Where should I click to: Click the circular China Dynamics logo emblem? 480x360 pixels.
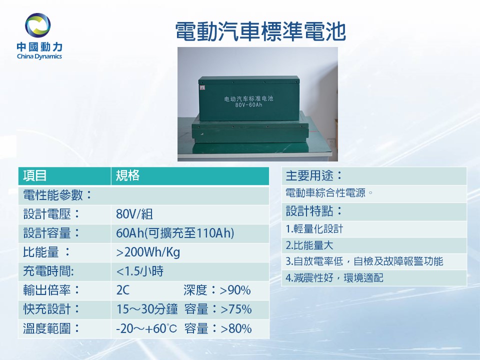38,25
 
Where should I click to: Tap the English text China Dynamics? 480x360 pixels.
39,56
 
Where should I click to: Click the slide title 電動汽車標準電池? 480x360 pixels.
260,31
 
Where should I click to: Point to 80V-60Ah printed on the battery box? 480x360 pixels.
249,105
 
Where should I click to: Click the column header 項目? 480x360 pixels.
35,175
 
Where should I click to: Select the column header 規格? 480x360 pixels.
127,175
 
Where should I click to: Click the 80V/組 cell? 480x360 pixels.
134,214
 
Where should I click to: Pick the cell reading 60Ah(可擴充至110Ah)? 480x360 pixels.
175,233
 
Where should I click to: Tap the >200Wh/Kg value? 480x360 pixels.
148,252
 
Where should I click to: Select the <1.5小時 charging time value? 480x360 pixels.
140,271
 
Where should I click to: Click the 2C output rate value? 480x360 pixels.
123,290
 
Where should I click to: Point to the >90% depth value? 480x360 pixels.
235,290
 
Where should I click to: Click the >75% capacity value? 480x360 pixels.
236,309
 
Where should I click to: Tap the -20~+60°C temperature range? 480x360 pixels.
146,329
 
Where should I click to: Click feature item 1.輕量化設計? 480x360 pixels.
314,229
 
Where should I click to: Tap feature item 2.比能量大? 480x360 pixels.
309,245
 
